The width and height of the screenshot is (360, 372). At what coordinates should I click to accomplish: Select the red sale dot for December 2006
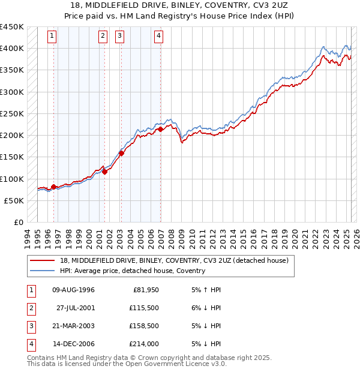click(x=161, y=129)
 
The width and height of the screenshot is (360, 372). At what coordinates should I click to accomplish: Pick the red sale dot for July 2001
click(x=104, y=172)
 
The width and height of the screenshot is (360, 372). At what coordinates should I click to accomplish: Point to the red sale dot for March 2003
click(x=121, y=153)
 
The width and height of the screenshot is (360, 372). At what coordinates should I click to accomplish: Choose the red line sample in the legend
click(x=43, y=260)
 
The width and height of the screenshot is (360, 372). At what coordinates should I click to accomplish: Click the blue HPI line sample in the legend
click(x=43, y=271)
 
